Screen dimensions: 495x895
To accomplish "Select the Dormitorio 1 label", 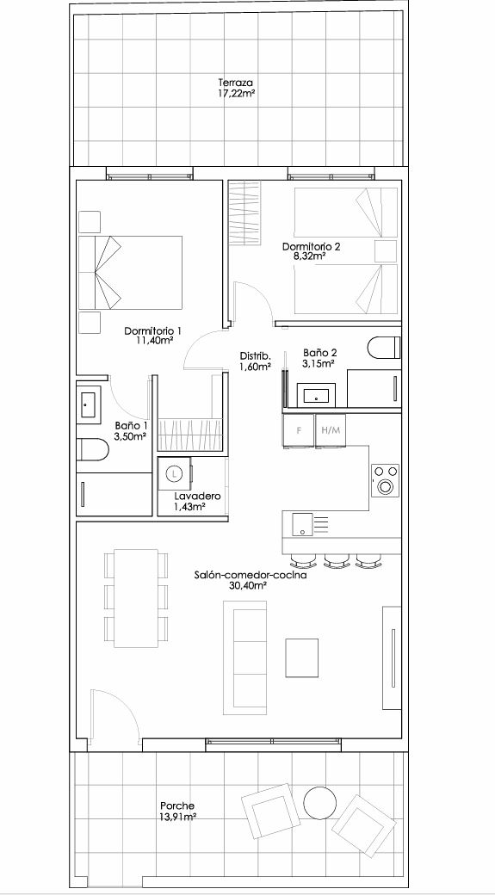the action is pos(153,330).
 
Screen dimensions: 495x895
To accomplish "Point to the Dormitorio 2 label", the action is pos(312,247).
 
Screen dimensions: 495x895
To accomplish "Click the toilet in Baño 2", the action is pos(384,347).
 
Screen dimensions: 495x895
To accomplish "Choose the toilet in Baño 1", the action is pos(92,449).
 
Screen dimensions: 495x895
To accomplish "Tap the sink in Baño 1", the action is pos(89,404).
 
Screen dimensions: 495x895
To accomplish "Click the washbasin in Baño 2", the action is pos(316,395).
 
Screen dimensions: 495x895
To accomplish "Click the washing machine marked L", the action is pos(176,473).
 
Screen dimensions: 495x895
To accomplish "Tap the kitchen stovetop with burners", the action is pos(386,480).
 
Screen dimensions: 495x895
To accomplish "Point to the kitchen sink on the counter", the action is pos(302,524).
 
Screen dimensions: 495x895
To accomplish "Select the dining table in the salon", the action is pos(137,598).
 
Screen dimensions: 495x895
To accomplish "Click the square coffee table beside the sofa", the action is pos(302,657).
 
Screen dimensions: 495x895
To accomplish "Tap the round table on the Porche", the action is pos(319,803).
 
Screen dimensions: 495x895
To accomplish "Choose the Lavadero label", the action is pos(197,496).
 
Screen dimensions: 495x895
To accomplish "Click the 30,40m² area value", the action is pos(249,586).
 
